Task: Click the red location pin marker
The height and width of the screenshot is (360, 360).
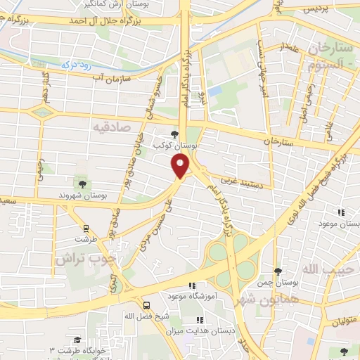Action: click(x=181, y=166)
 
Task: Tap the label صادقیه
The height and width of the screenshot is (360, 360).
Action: click(x=112, y=126)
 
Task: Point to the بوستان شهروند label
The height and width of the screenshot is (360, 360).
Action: click(x=83, y=195)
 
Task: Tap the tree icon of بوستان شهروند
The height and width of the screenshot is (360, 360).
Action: click(x=83, y=184)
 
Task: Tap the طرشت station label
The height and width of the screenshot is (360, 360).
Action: click(x=85, y=238)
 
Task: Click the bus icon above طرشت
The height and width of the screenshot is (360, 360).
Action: click(x=86, y=229)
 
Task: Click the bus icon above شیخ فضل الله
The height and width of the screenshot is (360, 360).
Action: click(x=146, y=305)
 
